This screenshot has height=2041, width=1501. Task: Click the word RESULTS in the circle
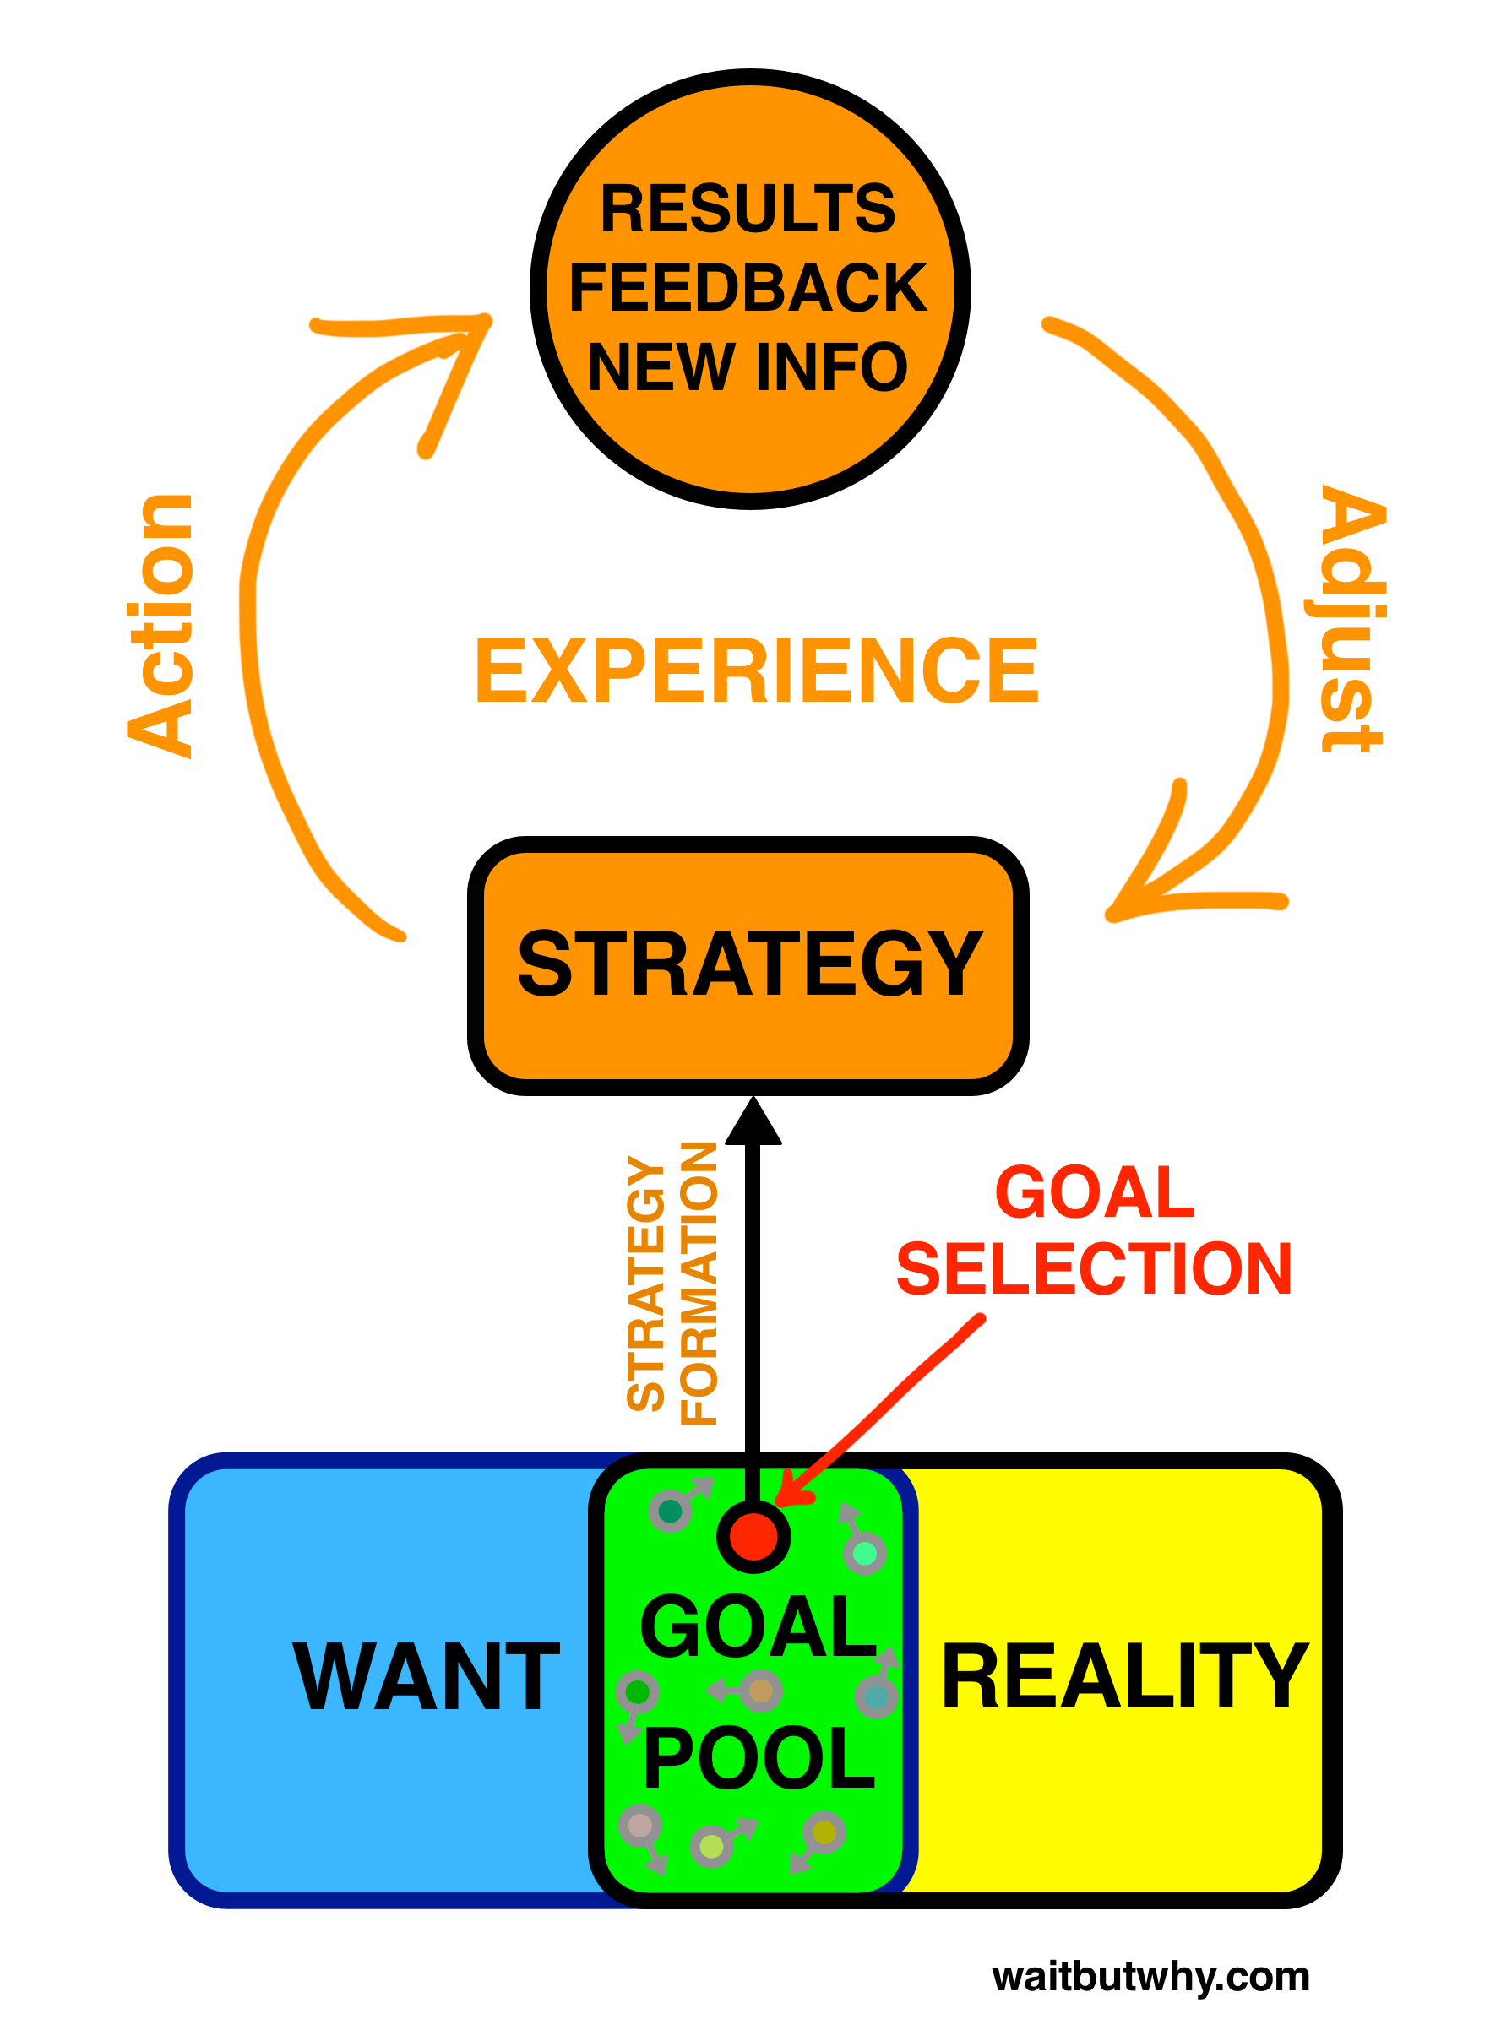(748, 209)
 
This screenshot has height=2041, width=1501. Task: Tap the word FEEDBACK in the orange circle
(748, 288)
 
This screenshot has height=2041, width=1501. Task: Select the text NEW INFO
(748, 367)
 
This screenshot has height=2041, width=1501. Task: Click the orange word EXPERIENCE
(756, 671)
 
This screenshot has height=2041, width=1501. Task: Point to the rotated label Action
(160, 626)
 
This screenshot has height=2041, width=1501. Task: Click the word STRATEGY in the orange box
(749, 964)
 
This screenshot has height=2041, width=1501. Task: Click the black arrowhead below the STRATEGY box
(753, 1123)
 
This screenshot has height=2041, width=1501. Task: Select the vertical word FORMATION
(699, 1284)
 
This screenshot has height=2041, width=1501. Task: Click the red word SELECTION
(1094, 1269)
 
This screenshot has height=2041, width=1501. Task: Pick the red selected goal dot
(753, 1537)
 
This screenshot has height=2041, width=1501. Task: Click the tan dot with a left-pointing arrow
(760, 1691)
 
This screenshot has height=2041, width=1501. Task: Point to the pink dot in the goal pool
(639, 1826)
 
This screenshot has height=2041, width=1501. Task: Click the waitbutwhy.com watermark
(1150, 1977)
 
